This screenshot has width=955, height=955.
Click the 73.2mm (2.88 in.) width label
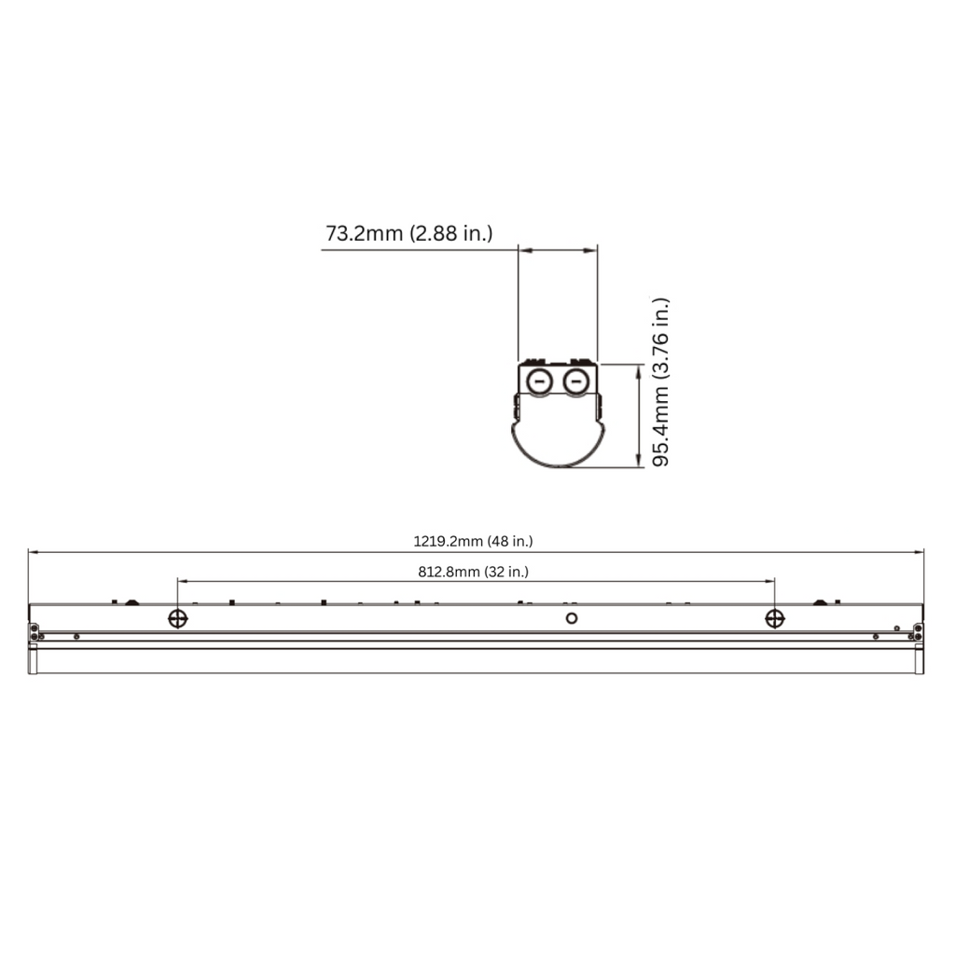[x=408, y=233]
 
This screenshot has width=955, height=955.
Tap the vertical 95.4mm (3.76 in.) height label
[x=661, y=382]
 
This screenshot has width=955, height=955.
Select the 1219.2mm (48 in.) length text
[x=473, y=540]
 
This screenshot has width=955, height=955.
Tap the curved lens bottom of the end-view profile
[x=558, y=457]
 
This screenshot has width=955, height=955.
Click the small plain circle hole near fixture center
[x=573, y=617]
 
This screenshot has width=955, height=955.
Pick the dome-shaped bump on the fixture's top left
[x=131, y=602]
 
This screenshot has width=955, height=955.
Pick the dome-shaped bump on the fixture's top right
[x=821, y=602]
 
